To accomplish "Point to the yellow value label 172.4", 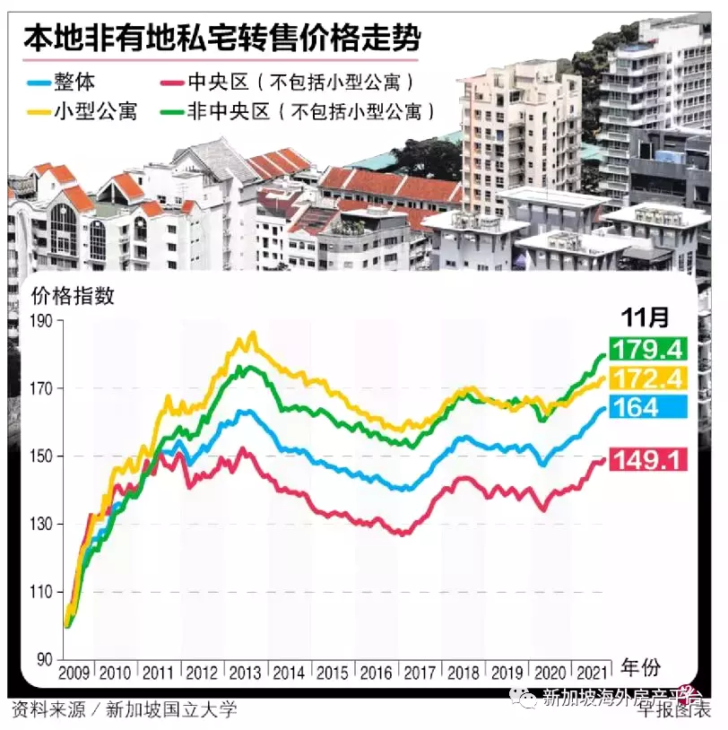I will coord(648,378).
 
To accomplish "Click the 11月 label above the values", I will coord(646,317).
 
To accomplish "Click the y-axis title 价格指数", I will coord(74,297).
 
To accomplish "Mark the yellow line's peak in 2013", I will coord(253,334).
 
